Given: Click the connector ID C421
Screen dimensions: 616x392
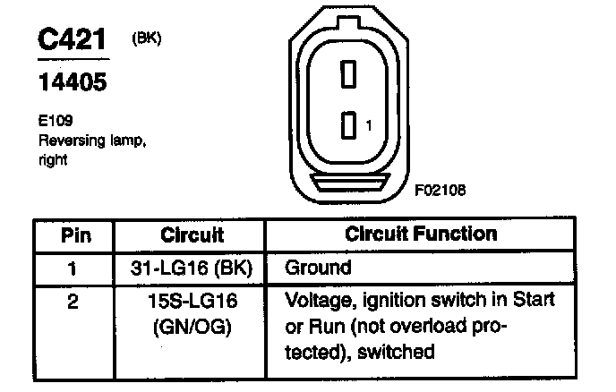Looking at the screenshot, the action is (x=73, y=39).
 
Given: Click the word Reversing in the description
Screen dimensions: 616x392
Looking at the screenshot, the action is (x=69, y=141).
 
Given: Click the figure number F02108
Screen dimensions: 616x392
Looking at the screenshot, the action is (x=440, y=191).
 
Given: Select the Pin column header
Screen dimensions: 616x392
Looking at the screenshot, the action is (x=75, y=235).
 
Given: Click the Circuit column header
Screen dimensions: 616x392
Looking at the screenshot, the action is (x=192, y=235).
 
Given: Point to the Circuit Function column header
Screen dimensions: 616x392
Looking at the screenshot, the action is (x=420, y=235).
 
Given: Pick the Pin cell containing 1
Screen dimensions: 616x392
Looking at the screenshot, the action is (x=73, y=268).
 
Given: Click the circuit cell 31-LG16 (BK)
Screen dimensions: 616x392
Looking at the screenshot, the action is (x=192, y=268).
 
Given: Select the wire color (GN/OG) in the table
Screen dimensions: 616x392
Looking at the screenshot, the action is (x=192, y=327).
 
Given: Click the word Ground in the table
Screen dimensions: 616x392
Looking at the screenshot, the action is (x=318, y=268).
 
